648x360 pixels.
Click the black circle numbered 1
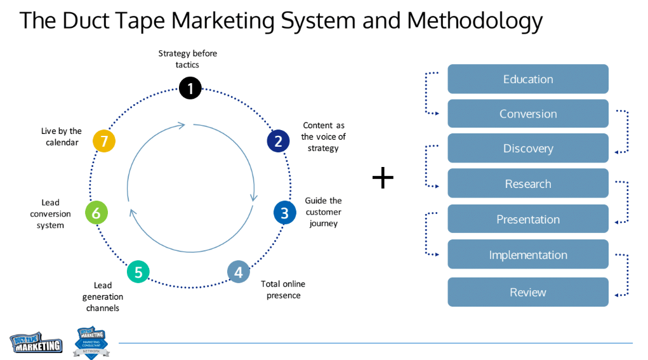click(x=190, y=88)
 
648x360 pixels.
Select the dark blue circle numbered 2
click(x=278, y=142)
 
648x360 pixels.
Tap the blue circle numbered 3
click(x=284, y=213)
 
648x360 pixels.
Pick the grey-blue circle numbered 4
click(x=238, y=272)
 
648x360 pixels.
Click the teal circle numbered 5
click(x=138, y=272)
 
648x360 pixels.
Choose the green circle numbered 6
click(x=96, y=213)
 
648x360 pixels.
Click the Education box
click(x=528, y=79)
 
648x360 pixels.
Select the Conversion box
click(x=528, y=114)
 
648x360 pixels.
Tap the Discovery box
click(x=528, y=149)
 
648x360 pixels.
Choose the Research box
click(x=528, y=183)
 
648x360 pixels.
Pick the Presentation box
click(x=528, y=219)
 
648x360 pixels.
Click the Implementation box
click(x=528, y=255)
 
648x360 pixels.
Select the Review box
click(x=528, y=292)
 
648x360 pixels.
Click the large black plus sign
click(x=383, y=178)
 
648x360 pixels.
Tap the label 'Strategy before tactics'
click(x=187, y=59)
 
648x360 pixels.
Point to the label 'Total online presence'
click(x=284, y=290)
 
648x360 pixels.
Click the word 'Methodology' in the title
click(x=475, y=20)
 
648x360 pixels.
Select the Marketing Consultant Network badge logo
click(x=91, y=343)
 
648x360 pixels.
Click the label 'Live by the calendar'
click(x=62, y=137)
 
